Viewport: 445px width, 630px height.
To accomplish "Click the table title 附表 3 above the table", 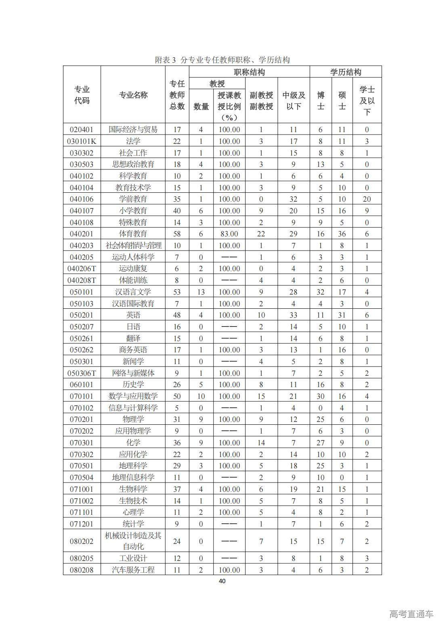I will pos(222,60).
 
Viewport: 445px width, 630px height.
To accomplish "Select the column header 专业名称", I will pos(133,95).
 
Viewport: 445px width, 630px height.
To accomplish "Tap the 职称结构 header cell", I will pos(249,72).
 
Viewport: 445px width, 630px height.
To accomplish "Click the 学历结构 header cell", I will pos(345,72).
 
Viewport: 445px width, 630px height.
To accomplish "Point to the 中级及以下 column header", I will pos(294,101).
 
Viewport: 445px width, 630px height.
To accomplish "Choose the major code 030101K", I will pos(82,141).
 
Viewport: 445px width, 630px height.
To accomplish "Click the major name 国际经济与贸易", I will pos(133,129).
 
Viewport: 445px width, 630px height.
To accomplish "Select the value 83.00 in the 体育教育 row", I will pos(229,234).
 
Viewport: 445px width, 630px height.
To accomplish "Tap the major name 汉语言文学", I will pos(133,292).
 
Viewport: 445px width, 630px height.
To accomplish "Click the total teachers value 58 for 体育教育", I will pos(177,234).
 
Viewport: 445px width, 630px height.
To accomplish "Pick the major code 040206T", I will pos(82,268).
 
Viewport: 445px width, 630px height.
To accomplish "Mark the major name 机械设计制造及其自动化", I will pos(133,541).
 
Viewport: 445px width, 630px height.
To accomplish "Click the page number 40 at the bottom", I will pos(222,581).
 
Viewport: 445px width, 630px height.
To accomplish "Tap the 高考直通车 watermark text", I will pos(411,614).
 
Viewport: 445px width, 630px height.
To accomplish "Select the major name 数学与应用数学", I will pos(133,396).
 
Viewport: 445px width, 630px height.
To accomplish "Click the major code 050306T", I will pos(82,373).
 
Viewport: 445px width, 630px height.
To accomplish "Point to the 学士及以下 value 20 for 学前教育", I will pos(367,199).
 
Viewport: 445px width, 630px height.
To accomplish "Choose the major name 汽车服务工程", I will pos(133,570).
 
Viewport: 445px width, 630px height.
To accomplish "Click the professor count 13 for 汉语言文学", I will pos(201,292).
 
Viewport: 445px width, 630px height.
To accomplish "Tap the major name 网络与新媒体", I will pos(133,373).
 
